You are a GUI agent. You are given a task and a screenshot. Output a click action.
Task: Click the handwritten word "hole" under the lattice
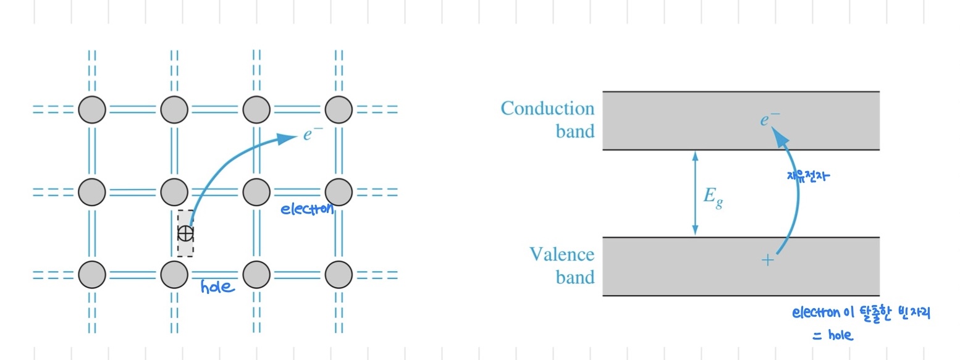tap(217, 287)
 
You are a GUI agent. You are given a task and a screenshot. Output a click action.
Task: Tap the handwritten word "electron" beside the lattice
tap(307, 209)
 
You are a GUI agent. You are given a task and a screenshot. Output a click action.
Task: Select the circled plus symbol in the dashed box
tap(185, 233)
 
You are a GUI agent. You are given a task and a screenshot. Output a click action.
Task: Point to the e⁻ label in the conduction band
tap(770, 119)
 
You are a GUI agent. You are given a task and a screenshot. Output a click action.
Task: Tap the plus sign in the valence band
tap(767, 260)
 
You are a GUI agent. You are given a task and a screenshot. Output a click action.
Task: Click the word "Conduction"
tap(547, 109)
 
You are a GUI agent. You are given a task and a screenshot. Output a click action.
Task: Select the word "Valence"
tap(562, 254)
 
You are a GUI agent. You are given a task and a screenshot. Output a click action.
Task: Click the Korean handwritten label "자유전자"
tap(808, 176)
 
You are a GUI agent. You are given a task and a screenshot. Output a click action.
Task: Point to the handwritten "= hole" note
tap(832, 335)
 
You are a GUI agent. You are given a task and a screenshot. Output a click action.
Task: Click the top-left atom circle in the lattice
tap(92, 110)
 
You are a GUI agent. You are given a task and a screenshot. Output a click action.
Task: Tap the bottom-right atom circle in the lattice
tap(338, 274)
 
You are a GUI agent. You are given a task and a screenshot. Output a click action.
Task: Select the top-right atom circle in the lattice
tap(338, 110)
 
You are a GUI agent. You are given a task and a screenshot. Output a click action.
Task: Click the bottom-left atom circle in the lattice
tap(92, 274)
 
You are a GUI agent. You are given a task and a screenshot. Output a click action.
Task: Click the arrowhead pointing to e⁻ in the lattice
tap(287, 138)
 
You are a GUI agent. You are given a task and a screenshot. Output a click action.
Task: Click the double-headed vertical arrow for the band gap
tap(695, 193)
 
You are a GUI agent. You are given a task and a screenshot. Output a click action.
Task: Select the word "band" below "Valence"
tap(575, 277)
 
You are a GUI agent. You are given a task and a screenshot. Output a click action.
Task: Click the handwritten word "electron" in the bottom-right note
tap(816, 313)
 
